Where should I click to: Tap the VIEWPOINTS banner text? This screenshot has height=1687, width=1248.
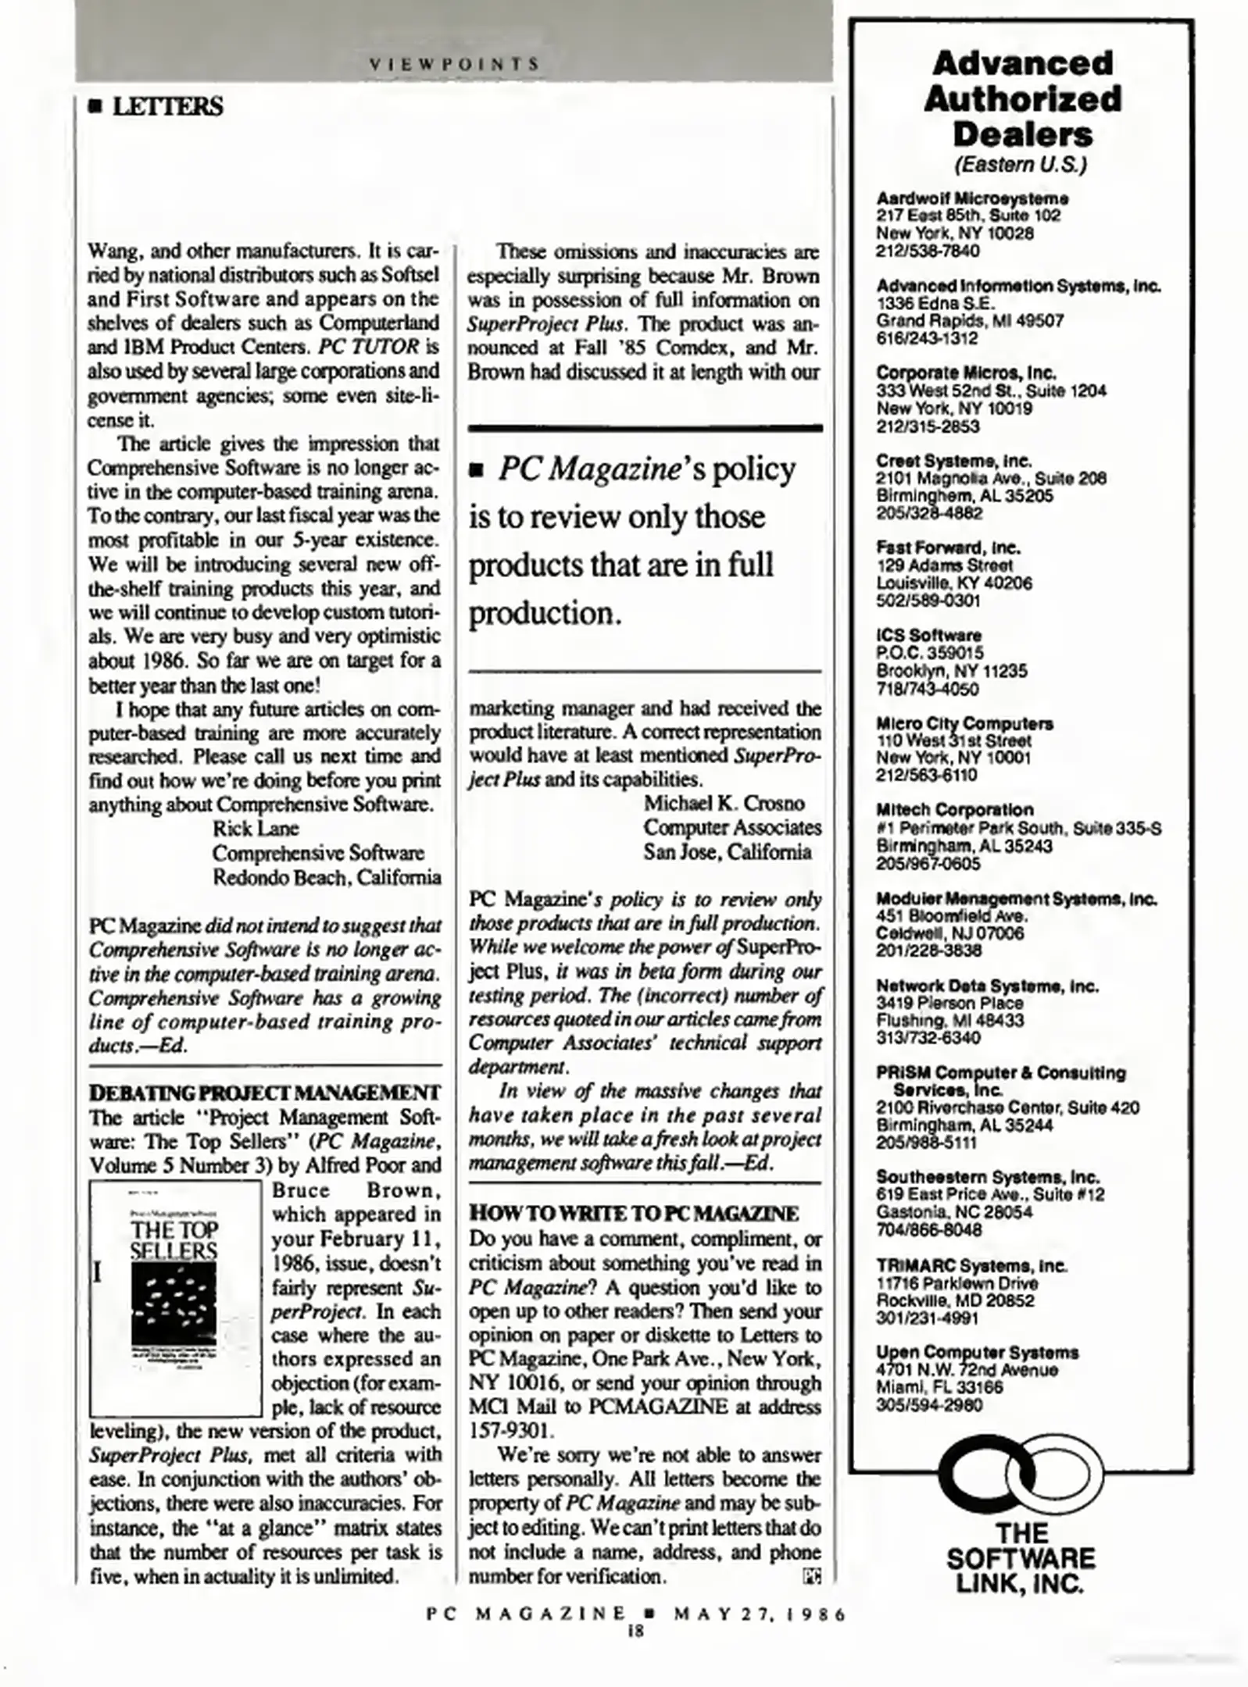coord(454,64)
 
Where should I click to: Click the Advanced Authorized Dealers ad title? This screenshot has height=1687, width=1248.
coord(1021,99)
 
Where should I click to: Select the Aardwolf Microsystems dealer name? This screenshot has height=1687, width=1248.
coord(972,198)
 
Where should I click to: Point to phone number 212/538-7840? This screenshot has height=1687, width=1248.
coord(928,251)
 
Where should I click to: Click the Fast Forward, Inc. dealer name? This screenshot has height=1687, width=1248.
coord(948,547)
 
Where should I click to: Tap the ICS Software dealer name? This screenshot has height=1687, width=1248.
coord(929,635)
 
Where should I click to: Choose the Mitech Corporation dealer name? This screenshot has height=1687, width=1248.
coord(954,809)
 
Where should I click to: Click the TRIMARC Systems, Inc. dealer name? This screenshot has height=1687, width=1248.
coord(971,1265)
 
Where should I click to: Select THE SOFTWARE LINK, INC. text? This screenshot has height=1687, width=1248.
coord(1021,1558)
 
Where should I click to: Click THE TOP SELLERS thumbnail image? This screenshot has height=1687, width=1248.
coord(175,1298)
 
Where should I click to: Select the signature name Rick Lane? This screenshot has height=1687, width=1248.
coord(256,828)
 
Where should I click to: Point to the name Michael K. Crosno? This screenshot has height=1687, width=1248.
coord(724,803)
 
